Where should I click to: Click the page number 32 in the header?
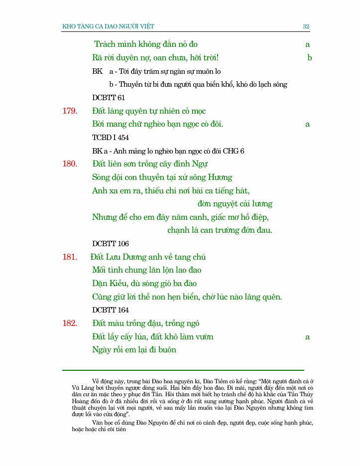point(306,26)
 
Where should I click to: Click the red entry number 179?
point(70,111)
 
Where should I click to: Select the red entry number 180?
point(70,163)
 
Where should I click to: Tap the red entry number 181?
point(70,257)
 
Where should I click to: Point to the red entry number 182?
point(70,323)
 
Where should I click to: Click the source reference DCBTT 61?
point(109,98)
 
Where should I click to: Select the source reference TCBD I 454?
point(111,138)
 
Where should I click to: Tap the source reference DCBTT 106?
point(111,244)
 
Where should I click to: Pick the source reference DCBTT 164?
point(111,310)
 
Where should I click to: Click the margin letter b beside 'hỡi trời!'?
point(310,58)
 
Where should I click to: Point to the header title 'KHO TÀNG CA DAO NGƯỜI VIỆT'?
point(112,26)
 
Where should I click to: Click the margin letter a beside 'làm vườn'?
point(308,337)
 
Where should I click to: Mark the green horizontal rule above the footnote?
point(183,370)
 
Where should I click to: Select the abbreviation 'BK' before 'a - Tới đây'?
point(98,71)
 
